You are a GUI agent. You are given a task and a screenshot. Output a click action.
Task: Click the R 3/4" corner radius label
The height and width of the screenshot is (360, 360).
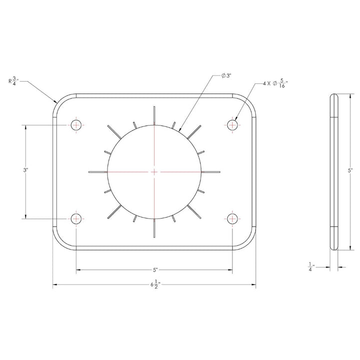[13, 81]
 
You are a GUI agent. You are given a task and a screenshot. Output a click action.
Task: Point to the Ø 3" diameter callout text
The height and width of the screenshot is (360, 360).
[226, 76]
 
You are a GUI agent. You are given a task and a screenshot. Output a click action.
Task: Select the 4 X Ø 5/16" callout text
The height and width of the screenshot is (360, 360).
[275, 84]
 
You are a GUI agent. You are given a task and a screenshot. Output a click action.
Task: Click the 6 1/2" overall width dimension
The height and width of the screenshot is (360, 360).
[155, 284]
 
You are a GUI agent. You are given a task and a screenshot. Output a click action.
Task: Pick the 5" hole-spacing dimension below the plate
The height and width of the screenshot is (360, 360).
[155, 270]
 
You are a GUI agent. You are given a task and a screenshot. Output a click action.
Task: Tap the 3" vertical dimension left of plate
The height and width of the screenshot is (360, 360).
[25, 170]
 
